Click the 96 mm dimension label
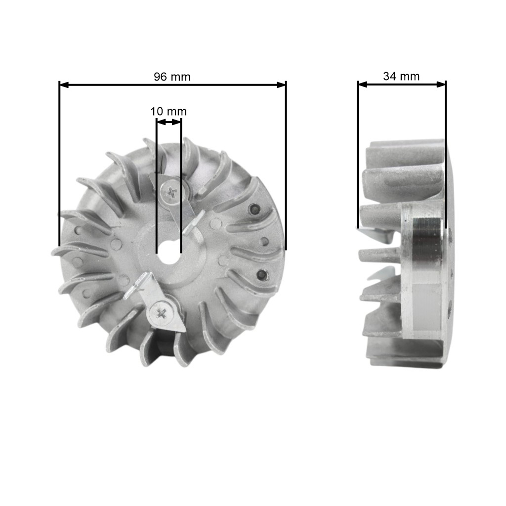coord(172,77)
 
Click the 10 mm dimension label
coord(168,111)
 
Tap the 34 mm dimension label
coord(401,76)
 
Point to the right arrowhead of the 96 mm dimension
coord(281,85)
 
